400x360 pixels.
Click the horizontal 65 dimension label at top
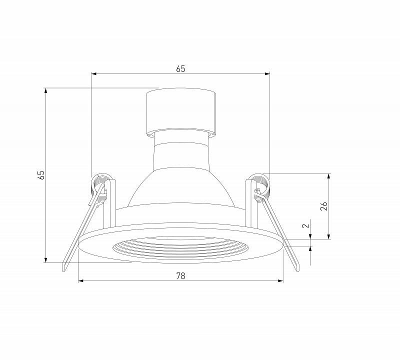pyautogui.click(x=180, y=69)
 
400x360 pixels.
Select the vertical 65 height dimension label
pyautogui.click(x=41, y=175)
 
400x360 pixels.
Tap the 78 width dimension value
pyautogui.click(x=180, y=276)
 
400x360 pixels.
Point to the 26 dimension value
pyautogui.click(x=323, y=206)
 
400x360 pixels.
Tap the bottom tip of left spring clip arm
pyautogui.click(x=64, y=270)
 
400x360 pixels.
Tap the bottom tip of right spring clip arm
pyautogui.click(x=297, y=269)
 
